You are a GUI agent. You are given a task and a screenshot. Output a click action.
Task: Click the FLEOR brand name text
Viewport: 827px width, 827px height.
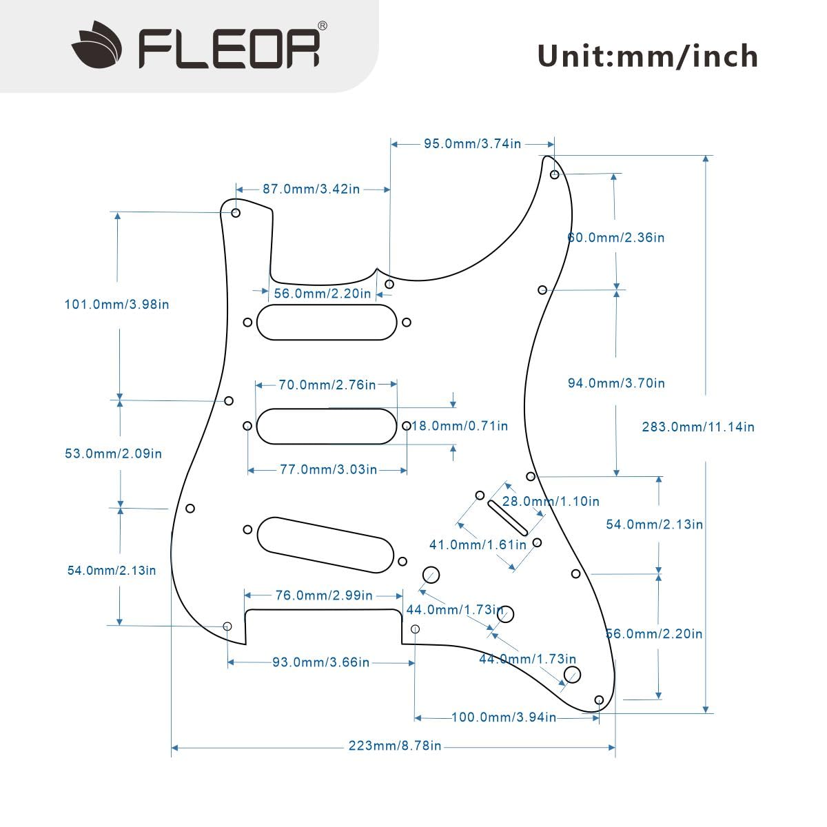(229, 48)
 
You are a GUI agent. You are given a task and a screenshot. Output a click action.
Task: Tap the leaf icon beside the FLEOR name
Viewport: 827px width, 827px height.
(97, 44)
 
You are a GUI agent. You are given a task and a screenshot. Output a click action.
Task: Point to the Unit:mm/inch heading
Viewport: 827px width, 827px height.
(647, 56)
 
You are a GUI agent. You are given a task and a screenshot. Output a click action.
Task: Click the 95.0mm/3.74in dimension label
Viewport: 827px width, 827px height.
(472, 144)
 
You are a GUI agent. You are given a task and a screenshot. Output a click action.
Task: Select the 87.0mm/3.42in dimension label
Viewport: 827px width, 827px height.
(311, 190)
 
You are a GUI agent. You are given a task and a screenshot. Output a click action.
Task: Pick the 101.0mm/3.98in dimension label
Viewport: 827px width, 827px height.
(116, 305)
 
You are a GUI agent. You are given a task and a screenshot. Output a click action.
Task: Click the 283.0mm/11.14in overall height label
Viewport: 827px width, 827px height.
(698, 427)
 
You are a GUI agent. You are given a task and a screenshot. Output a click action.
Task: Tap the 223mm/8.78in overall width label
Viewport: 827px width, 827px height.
(395, 746)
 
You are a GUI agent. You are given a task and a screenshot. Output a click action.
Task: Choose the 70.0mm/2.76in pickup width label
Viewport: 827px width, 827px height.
(327, 385)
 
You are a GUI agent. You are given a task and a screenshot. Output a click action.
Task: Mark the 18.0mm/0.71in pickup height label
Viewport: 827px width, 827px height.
(460, 426)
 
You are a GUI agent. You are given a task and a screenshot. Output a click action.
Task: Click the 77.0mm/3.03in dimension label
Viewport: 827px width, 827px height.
(328, 469)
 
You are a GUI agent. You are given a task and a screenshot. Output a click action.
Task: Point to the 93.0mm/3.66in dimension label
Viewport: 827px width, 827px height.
(320, 662)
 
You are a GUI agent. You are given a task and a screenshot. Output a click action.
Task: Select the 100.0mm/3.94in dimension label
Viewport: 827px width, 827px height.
(504, 717)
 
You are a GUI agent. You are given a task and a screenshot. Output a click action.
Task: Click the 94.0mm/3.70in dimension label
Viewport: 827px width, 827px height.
(616, 383)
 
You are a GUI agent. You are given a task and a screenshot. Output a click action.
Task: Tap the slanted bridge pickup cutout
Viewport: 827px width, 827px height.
(325, 545)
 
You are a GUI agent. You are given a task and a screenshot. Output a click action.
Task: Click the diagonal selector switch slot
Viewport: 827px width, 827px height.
(508, 518)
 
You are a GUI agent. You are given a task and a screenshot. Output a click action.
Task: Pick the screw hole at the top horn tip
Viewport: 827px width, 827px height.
(555, 174)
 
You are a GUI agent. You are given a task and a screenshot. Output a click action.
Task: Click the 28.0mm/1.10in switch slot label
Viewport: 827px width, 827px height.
(551, 501)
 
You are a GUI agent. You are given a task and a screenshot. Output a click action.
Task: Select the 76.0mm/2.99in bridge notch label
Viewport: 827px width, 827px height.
(324, 595)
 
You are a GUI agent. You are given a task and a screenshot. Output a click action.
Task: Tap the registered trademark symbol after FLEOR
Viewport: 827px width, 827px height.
(322, 25)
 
